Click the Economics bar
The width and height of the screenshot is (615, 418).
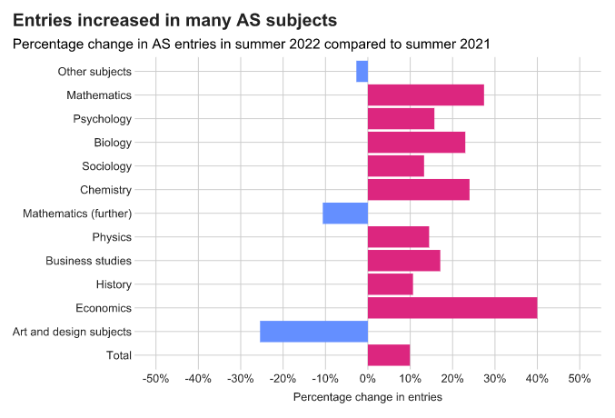point(452,308)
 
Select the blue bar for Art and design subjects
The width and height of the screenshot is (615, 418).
point(313,332)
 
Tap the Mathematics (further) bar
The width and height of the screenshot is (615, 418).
point(345,214)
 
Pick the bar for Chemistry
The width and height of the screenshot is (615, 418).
point(418,190)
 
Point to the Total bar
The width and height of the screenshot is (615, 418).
point(389,355)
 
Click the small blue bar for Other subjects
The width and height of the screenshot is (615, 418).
point(362,71)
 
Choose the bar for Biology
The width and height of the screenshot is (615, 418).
point(416,143)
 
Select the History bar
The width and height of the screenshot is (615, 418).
point(390,284)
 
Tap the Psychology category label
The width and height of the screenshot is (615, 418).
point(102,119)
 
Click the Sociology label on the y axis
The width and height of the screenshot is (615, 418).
point(106,166)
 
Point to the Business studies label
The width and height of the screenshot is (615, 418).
point(89,261)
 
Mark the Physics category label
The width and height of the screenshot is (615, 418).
point(112,237)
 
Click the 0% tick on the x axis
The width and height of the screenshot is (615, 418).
point(368,377)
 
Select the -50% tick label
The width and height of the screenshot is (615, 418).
point(155,377)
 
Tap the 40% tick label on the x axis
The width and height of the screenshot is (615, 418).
point(537,377)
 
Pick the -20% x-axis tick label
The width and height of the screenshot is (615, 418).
point(283,377)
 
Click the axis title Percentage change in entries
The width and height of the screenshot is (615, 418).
point(368,397)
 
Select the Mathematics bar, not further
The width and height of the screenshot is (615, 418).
point(425,95)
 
